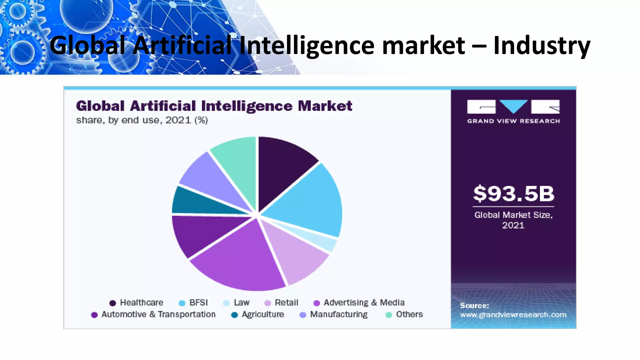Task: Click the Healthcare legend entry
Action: pos(137,302)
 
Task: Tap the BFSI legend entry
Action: pos(193,302)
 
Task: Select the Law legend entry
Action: pos(237,302)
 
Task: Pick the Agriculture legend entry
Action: pos(258,314)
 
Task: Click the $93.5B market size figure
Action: pos(513,193)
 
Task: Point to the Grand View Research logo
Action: pos(513,111)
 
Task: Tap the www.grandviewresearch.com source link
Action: pos(513,315)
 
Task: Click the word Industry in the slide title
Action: pos(542,46)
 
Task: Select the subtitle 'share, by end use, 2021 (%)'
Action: pos(142,120)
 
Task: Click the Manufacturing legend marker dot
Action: pos(302,315)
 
